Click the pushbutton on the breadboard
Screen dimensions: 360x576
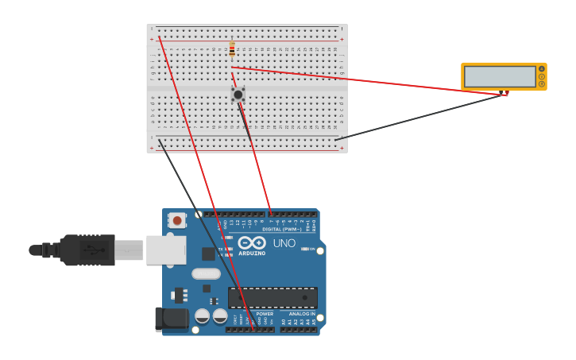click(x=238, y=94)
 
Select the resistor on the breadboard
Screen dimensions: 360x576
click(x=232, y=49)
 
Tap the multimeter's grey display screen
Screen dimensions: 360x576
click(x=500, y=76)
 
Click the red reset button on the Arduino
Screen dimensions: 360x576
click(x=176, y=219)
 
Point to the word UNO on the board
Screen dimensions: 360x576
click(x=284, y=243)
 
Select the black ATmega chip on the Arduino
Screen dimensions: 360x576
click(x=273, y=298)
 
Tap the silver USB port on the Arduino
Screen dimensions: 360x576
click(x=166, y=250)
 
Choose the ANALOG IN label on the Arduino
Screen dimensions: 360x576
click(x=301, y=314)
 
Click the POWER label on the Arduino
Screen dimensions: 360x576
click(x=265, y=314)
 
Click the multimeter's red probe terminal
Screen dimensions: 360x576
click(x=506, y=95)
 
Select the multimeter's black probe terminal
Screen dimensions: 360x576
click(x=501, y=95)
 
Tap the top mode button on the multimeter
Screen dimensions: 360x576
click(x=542, y=69)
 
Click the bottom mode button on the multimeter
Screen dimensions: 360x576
click(x=542, y=83)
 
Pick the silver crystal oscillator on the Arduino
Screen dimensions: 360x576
click(x=206, y=274)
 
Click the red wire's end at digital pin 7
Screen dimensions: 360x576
click(x=270, y=214)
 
